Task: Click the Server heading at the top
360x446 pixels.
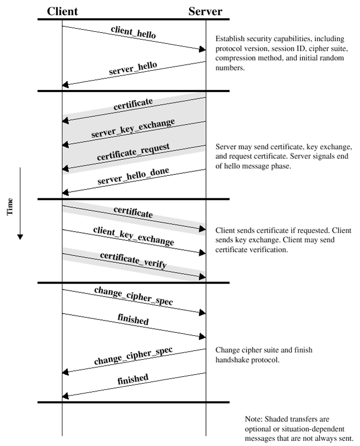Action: [205, 11]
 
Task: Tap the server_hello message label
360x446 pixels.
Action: [133, 68]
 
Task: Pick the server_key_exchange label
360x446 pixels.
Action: [133, 128]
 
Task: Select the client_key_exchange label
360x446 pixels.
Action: [133, 236]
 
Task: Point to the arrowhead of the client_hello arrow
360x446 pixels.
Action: [203, 49]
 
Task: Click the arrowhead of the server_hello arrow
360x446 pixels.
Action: [65, 84]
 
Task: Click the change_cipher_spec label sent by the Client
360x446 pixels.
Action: [133, 297]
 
